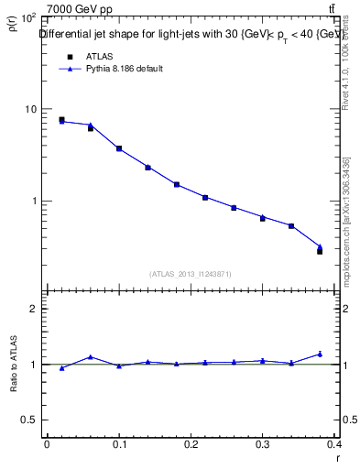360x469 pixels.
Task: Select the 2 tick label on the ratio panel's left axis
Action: (34, 309)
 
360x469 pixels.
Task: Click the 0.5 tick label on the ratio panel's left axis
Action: (30, 420)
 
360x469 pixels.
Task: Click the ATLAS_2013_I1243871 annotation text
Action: (191, 274)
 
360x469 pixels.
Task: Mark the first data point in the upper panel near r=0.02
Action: (61, 119)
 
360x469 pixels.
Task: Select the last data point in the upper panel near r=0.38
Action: (320, 250)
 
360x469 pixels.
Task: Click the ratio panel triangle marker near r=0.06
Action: (90, 357)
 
